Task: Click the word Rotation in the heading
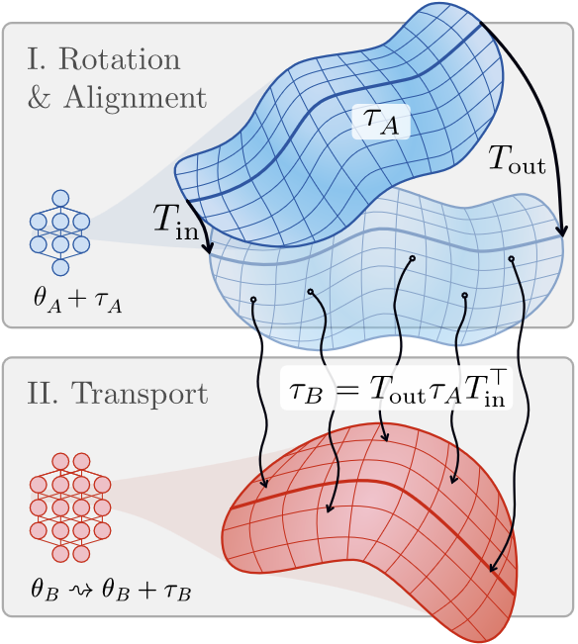click(x=120, y=59)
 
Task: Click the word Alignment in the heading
click(x=135, y=99)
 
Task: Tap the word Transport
click(x=140, y=395)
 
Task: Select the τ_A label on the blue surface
click(x=381, y=122)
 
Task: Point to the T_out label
click(x=517, y=159)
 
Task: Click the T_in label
click(x=176, y=223)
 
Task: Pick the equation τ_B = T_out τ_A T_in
click(x=397, y=388)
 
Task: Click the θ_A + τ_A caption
click(x=77, y=302)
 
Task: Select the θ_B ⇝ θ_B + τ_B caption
click(x=111, y=591)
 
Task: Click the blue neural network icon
click(x=60, y=232)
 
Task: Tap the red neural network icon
click(x=70, y=507)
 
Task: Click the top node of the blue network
click(x=60, y=199)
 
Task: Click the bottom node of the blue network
click(x=60, y=267)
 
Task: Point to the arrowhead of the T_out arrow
click(x=561, y=230)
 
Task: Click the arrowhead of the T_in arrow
click(x=209, y=248)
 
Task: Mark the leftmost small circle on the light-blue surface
click(x=253, y=300)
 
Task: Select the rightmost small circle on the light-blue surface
click(x=512, y=259)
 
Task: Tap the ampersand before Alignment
click(x=40, y=98)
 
